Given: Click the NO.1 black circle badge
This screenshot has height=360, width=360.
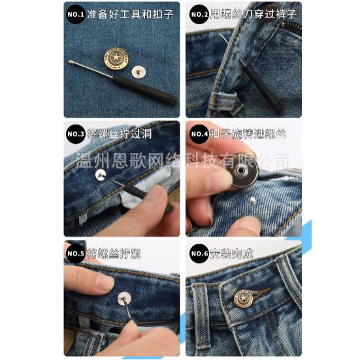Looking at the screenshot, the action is (x=76, y=14).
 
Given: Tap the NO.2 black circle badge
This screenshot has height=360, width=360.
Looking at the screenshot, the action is (x=199, y=14).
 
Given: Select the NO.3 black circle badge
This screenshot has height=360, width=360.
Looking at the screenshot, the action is (x=76, y=134).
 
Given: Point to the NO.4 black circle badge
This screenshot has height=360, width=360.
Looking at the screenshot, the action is (x=199, y=134).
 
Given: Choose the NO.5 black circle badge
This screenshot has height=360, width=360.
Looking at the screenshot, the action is (x=76, y=254).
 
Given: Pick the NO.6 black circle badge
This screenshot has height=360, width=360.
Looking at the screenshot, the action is (x=199, y=254).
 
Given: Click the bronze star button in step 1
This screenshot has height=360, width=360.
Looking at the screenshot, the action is (x=116, y=58).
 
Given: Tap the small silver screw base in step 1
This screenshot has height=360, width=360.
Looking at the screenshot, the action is (x=139, y=71).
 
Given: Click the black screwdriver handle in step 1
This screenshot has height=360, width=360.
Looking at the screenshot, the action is (x=144, y=89).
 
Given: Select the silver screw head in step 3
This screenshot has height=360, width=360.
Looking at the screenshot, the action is (x=101, y=174).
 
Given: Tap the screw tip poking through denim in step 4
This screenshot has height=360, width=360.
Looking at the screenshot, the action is (x=253, y=201).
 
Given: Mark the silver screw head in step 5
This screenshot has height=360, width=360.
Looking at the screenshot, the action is (x=124, y=299).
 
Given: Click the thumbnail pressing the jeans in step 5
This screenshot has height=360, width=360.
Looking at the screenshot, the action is (x=105, y=282).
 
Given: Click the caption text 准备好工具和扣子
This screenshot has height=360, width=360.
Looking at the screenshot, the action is (x=130, y=14).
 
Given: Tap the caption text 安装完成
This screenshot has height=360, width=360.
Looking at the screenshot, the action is (x=232, y=254).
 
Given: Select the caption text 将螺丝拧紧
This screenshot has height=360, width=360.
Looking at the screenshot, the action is (x=114, y=254).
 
